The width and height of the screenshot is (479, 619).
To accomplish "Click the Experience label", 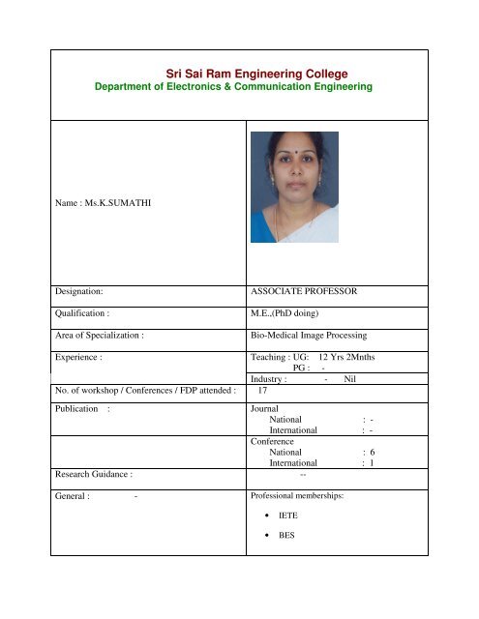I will point(80,357).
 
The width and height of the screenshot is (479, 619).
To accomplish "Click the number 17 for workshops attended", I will point(262,392).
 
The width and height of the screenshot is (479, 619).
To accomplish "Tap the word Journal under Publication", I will point(264,410).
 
